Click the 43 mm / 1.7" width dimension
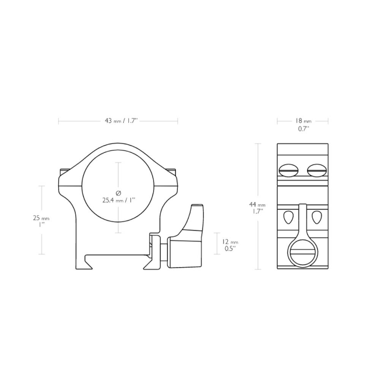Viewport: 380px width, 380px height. point(121,121)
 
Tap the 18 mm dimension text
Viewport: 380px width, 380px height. point(303,121)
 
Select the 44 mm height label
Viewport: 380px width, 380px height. point(257,205)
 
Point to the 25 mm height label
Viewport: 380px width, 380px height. point(41,218)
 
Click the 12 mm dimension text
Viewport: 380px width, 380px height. point(230,242)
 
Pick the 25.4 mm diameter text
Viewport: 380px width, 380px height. point(118,200)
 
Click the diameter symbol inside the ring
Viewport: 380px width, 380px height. point(118,193)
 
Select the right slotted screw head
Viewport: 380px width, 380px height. point(317,171)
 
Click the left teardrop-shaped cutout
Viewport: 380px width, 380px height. point(288,217)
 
